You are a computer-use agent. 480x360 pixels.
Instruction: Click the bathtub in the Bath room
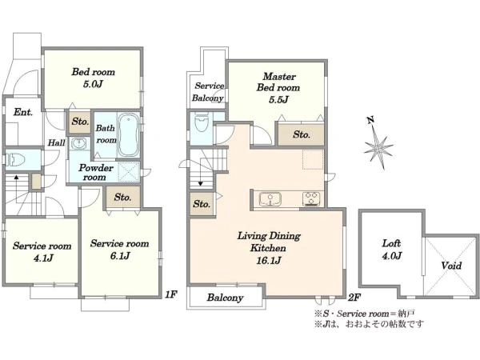pyautogui.click(x=129, y=135)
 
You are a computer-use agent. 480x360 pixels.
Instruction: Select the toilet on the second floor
pyautogui.click(x=202, y=122)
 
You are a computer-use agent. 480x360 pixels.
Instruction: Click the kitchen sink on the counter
pyautogui.click(x=270, y=199)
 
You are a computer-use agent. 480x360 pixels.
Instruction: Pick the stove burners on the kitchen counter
pyautogui.click(x=311, y=198)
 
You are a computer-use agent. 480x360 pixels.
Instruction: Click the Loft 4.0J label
pyautogui.click(x=391, y=250)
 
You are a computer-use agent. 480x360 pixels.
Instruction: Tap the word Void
pyautogui.click(x=451, y=265)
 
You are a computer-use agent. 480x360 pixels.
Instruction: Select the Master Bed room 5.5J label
pyautogui.click(x=278, y=88)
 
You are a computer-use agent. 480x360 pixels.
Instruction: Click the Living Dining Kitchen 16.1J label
pyautogui.click(x=269, y=248)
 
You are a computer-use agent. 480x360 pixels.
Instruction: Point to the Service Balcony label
pyautogui.click(x=208, y=92)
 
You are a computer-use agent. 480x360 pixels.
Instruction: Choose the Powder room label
pyautogui.click(x=96, y=172)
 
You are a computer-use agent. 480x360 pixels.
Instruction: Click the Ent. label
pyautogui.click(x=23, y=112)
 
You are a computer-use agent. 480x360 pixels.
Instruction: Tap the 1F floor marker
pyautogui.click(x=171, y=294)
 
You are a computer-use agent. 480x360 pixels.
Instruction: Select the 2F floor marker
pyautogui.click(x=354, y=297)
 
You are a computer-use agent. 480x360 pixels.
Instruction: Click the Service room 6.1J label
pyautogui.click(x=119, y=250)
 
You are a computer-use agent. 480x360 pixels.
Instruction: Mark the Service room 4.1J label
pyautogui.click(x=42, y=252)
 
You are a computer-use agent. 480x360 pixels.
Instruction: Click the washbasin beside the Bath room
pyautogui.click(x=79, y=143)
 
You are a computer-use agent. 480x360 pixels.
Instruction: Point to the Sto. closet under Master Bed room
pyautogui.click(x=302, y=134)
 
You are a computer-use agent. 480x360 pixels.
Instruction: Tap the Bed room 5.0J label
pyautogui.click(x=93, y=78)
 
